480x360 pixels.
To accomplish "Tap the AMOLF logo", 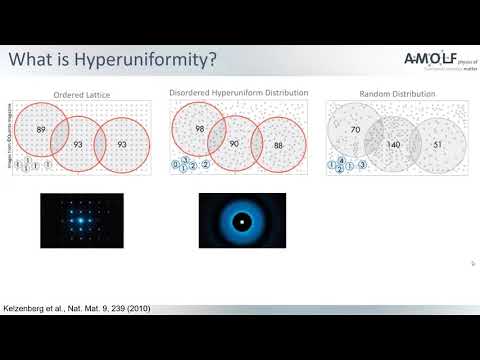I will point(432,60).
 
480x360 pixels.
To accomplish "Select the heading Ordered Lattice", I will point(82,94).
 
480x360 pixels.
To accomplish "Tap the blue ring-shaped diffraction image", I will point(242,220).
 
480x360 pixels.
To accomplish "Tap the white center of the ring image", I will point(242,220).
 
